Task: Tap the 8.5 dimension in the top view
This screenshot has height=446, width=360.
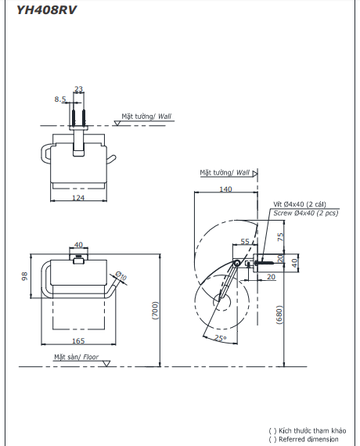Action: coord(59,99)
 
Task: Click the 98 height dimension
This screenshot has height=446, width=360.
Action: coord(23,276)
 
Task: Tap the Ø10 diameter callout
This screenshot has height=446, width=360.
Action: coord(121,276)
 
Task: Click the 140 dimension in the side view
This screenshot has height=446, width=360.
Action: coord(226,189)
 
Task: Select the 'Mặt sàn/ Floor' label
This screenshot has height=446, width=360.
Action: coord(77,357)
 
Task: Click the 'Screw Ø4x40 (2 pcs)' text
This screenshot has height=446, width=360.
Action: coord(306,213)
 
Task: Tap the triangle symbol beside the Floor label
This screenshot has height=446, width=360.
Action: coord(110,364)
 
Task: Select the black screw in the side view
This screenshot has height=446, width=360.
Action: coord(261,264)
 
